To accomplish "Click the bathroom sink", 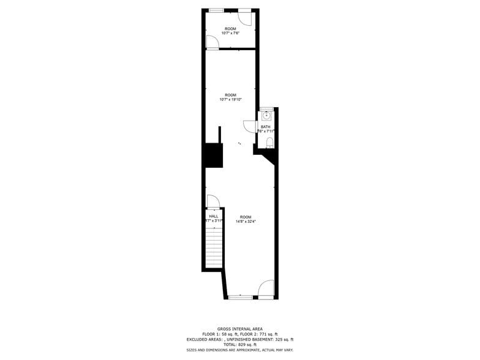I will pyautogui.click(x=266, y=115).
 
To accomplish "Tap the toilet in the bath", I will pyautogui.click(x=269, y=143).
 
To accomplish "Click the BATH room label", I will pyautogui.click(x=265, y=127).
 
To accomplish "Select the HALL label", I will pyautogui.click(x=213, y=216).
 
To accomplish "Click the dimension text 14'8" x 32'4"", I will pyautogui.click(x=246, y=222).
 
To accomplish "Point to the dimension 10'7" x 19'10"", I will pyautogui.click(x=230, y=99).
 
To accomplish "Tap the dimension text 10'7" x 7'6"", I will pyautogui.click(x=230, y=33).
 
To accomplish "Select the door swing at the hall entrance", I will pyautogui.click(x=212, y=202).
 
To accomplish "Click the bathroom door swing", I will pyautogui.click(x=249, y=126).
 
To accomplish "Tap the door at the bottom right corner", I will pyautogui.click(x=266, y=289).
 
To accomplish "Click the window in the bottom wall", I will pyautogui.click(x=240, y=297).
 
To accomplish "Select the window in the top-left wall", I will pyautogui.click(x=216, y=10).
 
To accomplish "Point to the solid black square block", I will pyautogui.click(x=212, y=155).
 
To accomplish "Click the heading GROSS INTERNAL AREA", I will pyautogui.click(x=240, y=329).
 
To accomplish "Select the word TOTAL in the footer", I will pyautogui.click(x=231, y=344).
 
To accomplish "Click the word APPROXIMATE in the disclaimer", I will pyautogui.click(x=246, y=350).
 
